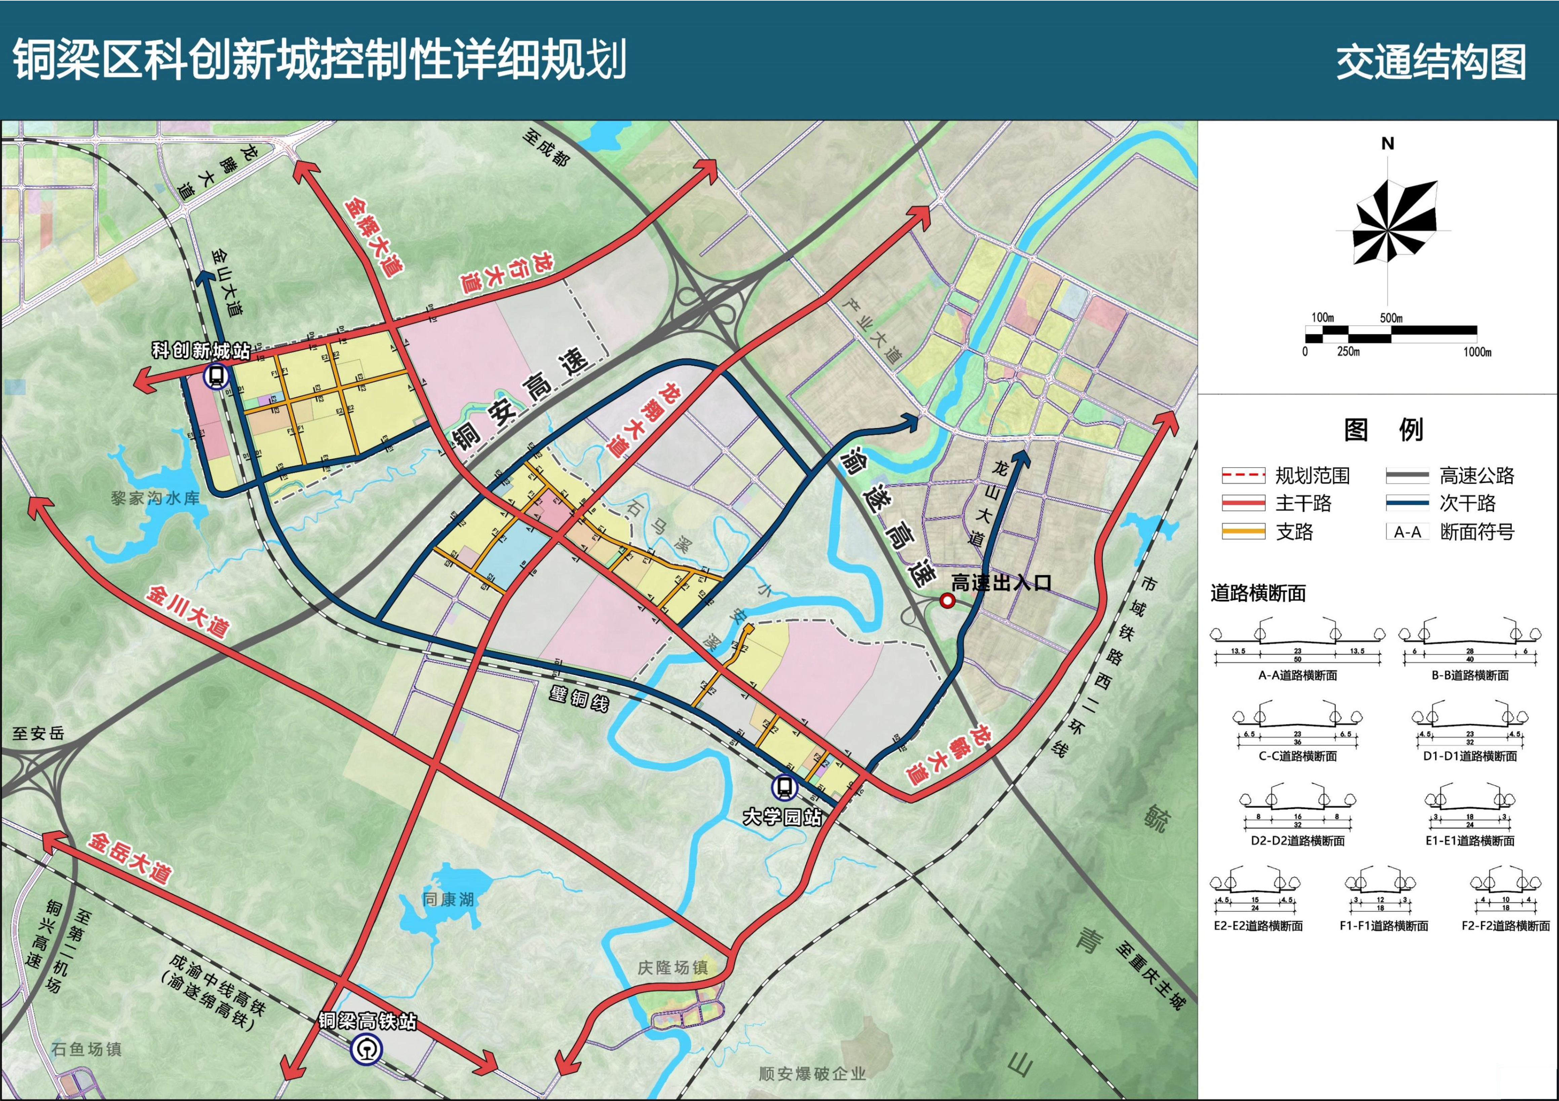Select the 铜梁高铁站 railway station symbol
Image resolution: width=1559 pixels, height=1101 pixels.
click(366, 1050)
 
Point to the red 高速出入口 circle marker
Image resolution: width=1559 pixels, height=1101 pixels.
click(947, 601)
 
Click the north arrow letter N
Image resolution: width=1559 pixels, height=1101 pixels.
click(1388, 144)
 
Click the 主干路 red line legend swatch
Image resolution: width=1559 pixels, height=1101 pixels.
click(1243, 503)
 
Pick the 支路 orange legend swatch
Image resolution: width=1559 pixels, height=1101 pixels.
click(1243, 532)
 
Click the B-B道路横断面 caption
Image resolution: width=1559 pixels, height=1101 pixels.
click(1470, 675)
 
